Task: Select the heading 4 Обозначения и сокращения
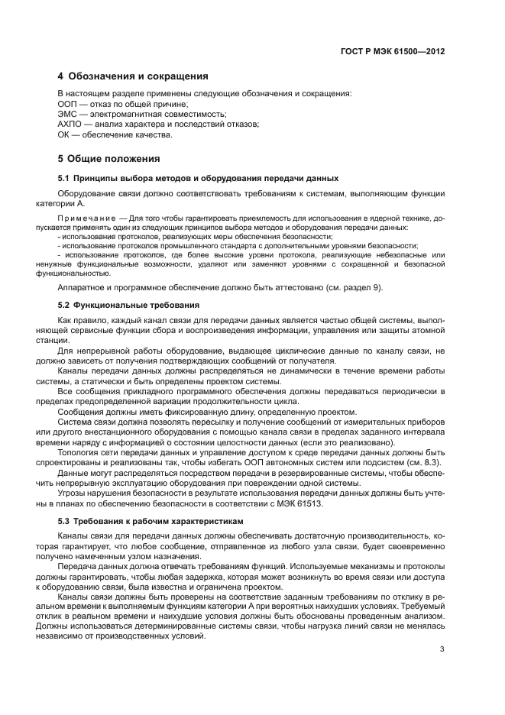(x=133, y=76)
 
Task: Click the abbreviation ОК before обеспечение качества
(x=65, y=135)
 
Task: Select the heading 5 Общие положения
(x=109, y=159)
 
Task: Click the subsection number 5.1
(x=64, y=178)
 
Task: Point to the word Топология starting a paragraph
(x=79, y=453)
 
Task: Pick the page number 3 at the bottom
(x=442, y=649)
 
